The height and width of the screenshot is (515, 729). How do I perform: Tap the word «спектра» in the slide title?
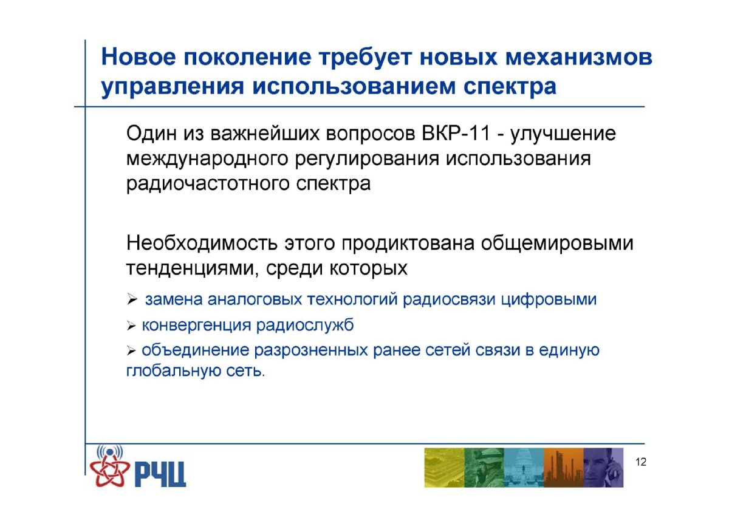click(510, 88)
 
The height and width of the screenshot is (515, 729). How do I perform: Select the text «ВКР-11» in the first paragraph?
click(456, 134)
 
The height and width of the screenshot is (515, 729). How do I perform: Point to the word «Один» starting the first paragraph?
click(152, 134)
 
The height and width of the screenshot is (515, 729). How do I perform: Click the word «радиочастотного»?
click(208, 185)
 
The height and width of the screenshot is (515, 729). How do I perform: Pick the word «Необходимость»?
click(202, 244)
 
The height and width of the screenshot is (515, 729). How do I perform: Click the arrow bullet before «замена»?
click(132, 299)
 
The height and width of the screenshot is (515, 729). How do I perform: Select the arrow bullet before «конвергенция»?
click(131, 326)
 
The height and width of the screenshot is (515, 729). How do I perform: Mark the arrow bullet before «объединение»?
click(131, 350)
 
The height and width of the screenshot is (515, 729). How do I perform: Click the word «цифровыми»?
click(549, 299)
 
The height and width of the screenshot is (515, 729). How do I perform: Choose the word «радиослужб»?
click(304, 326)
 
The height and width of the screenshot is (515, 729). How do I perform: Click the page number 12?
click(641, 462)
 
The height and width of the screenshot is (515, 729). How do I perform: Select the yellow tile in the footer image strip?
click(444, 468)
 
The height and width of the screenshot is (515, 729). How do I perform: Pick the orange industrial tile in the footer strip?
click(564, 468)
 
